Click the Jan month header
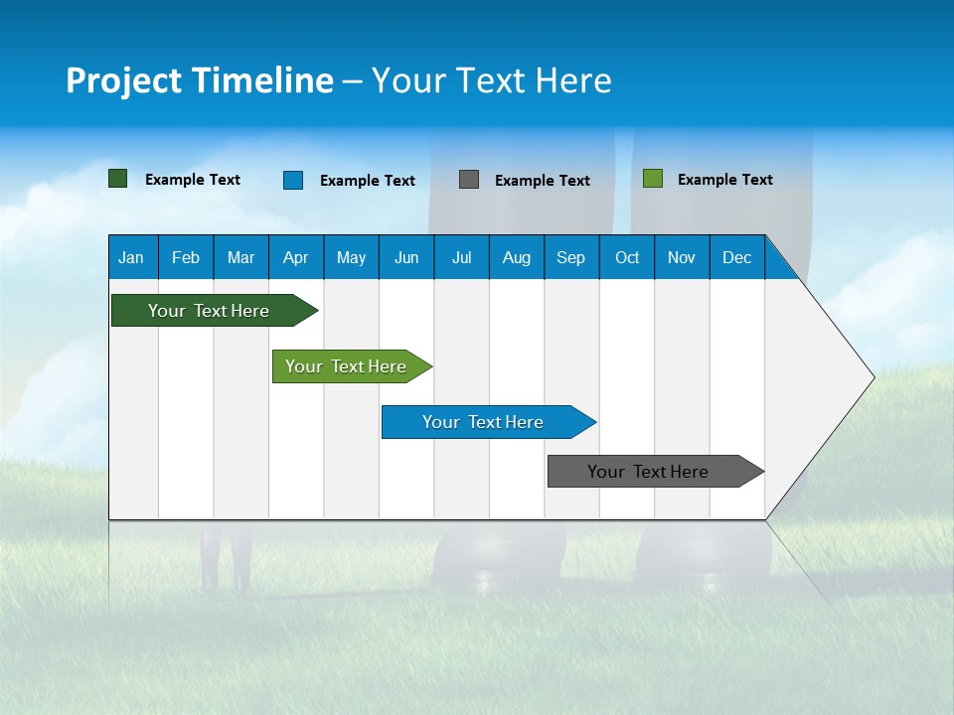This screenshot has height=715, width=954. coord(131,257)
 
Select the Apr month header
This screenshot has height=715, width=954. coord(295,257)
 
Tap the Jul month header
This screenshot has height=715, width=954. coord(461,257)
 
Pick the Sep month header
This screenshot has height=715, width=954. coord(570,257)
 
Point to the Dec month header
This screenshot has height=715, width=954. coord(736,257)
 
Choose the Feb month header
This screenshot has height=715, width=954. coord(186,257)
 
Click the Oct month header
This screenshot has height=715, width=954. coord(627,257)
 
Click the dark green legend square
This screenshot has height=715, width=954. coord(118,179)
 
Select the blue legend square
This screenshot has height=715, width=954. coord(293,180)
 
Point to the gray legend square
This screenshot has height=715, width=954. coord(469,179)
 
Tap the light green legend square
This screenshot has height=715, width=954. coord(653,179)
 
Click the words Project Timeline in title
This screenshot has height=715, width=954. coord(200,80)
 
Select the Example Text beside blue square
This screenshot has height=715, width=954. coord(368,181)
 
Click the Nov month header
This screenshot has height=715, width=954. coord(682,257)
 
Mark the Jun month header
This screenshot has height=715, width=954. coord(406,257)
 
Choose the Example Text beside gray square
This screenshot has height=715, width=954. coord(543,181)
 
